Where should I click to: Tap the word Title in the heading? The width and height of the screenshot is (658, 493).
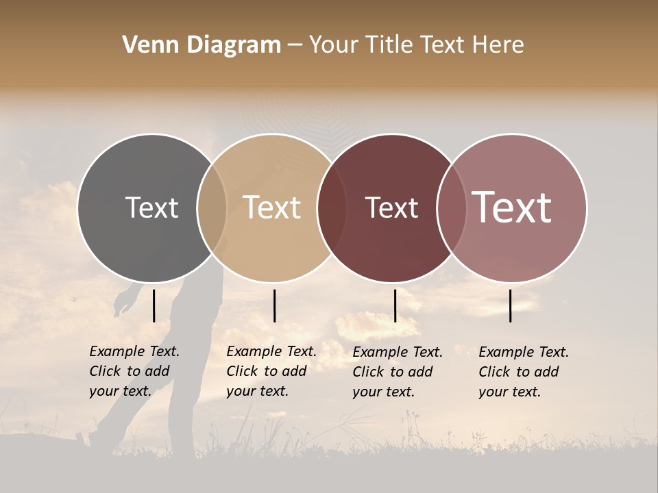pyautogui.click(x=389, y=45)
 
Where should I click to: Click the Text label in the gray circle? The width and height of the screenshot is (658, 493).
pyautogui.click(x=151, y=207)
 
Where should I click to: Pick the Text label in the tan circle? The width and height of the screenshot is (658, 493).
pyautogui.click(x=272, y=207)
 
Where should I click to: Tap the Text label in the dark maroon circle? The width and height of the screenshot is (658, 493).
pyautogui.click(x=391, y=208)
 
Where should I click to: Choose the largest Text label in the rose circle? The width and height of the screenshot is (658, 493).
pyautogui.click(x=512, y=207)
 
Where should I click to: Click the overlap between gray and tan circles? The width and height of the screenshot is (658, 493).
pyautogui.click(x=212, y=208)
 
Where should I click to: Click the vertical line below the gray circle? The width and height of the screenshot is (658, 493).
pyautogui.click(x=154, y=305)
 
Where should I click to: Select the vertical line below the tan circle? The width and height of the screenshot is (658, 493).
pyautogui.click(x=274, y=305)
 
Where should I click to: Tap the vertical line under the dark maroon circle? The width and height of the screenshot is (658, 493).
pyautogui.click(x=395, y=305)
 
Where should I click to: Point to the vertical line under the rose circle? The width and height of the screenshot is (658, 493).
pyautogui.click(x=511, y=305)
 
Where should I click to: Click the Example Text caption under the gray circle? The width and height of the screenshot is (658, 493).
pyautogui.click(x=134, y=371)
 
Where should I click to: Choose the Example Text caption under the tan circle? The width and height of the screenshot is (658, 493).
pyautogui.click(x=271, y=371)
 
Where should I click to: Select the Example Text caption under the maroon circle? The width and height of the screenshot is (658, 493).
pyautogui.click(x=397, y=372)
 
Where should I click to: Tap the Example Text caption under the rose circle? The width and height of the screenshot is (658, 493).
pyautogui.click(x=523, y=372)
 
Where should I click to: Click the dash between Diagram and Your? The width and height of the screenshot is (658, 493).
pyautogui.click(x=295, y=46)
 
